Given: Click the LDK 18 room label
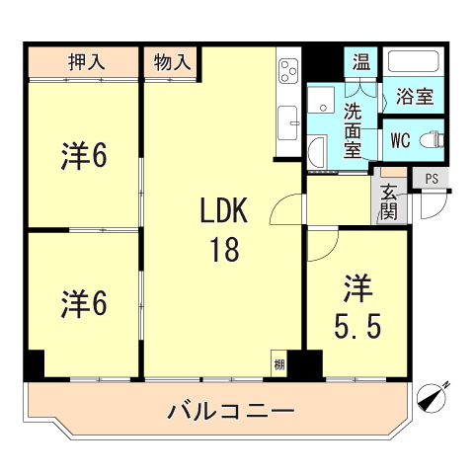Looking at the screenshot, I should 223,229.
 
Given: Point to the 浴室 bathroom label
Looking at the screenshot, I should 415,97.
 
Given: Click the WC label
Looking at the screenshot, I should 400,139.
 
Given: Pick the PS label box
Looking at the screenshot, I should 432,178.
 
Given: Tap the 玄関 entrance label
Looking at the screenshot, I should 388,202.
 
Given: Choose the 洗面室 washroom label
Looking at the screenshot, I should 354,128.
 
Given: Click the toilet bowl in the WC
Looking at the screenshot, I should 431,139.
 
